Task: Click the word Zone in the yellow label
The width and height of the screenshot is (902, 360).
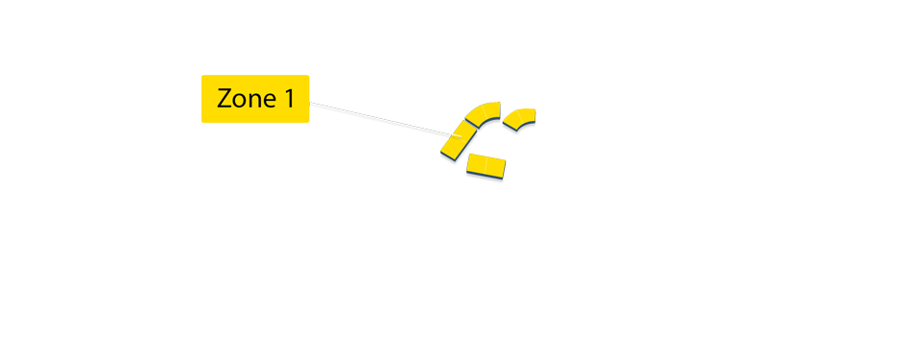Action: tap(241, 99)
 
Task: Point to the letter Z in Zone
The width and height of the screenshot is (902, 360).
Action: tap(225, 99)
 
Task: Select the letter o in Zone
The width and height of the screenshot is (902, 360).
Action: tap(238, 101)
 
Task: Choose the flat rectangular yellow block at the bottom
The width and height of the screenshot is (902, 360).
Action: tap(487, 167)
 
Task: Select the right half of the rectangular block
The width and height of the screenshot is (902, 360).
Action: tap(495, 169)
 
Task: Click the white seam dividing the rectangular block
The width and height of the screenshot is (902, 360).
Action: tap(486, 167)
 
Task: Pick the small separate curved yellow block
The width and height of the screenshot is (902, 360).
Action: tap(519, 118)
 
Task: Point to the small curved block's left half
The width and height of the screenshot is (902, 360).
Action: tap(511, 121)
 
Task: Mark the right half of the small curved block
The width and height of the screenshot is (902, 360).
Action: tap(527, 115)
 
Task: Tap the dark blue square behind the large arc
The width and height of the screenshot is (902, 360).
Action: tap(472, 107)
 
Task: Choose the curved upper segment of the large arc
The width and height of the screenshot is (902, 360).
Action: tap(483, 114)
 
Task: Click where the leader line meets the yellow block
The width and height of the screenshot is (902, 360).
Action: tap(449, 137)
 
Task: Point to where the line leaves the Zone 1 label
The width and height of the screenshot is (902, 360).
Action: tap(311, 105)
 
